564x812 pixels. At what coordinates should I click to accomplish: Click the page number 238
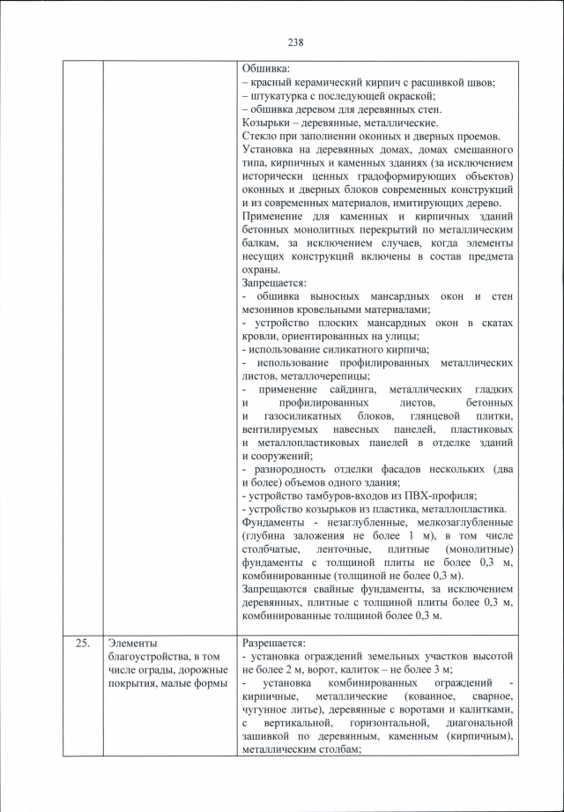click(295, 41)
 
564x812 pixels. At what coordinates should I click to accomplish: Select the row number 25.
click(82, 643)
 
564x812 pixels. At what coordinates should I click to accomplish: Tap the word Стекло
click(258, 137)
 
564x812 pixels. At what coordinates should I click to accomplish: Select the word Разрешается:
click(273, 643)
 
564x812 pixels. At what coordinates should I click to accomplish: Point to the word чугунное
click(270, 710)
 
